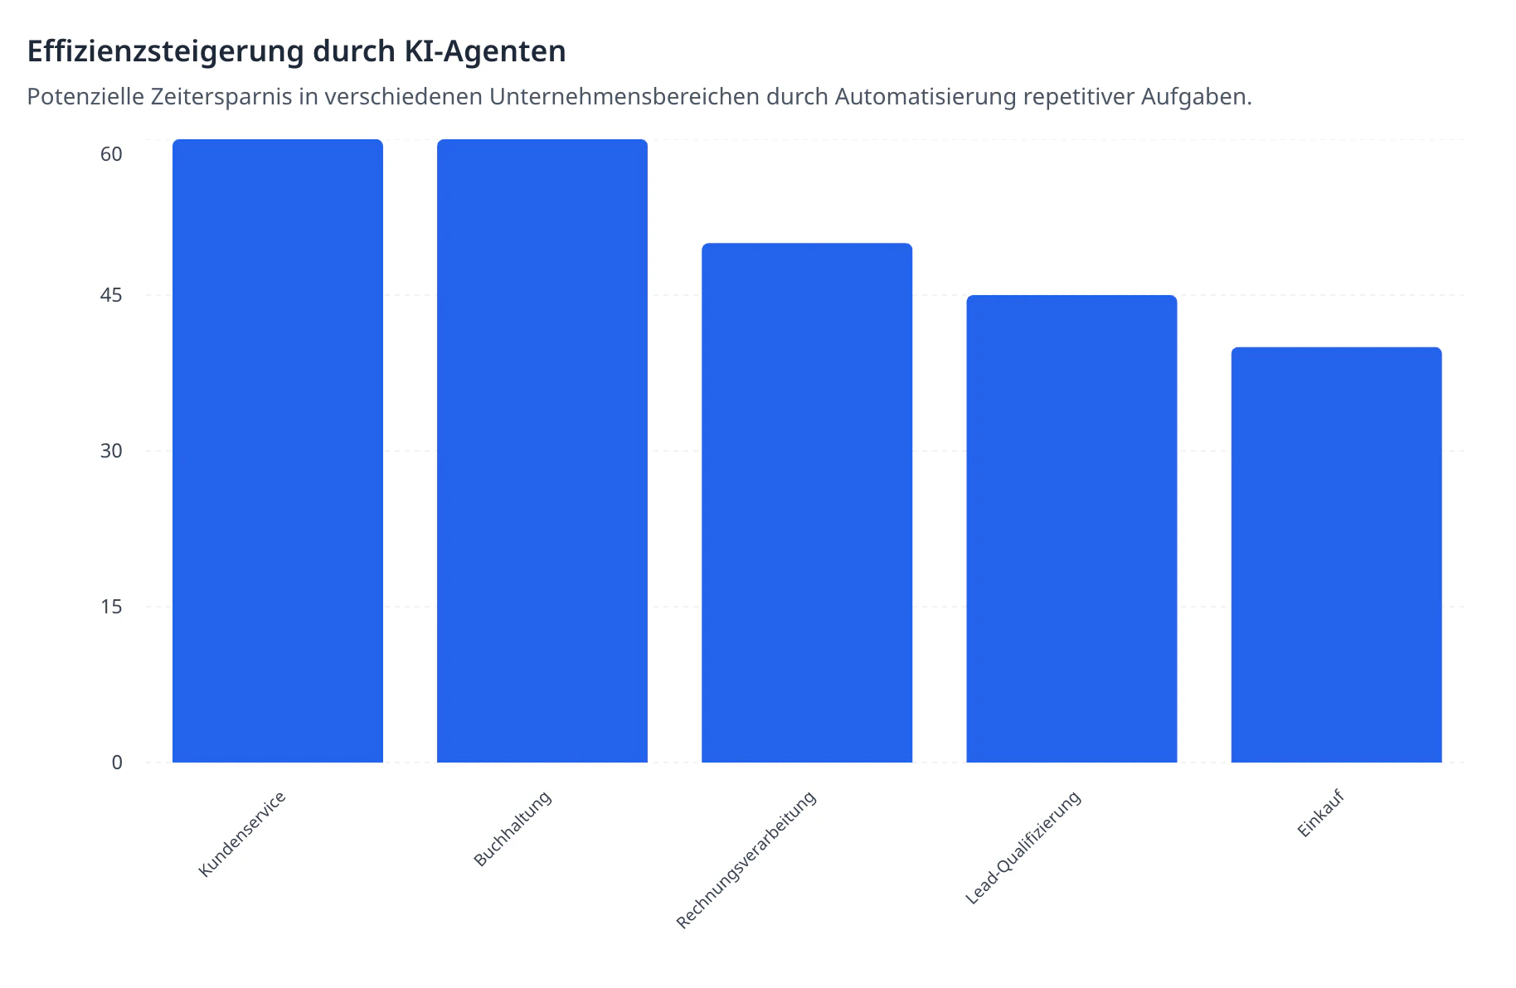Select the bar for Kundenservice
277,451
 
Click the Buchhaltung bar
542,451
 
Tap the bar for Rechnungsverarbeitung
806,502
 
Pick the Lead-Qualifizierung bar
1071,529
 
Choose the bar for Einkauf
1336,555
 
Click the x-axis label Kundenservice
242,834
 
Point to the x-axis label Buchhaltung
513,829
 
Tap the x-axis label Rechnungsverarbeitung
746,860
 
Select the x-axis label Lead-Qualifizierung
1023,847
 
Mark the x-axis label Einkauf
1320,814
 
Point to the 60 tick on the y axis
111,154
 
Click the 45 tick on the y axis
111,295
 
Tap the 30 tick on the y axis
111,451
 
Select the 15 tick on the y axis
111,607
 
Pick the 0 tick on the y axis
117,763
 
